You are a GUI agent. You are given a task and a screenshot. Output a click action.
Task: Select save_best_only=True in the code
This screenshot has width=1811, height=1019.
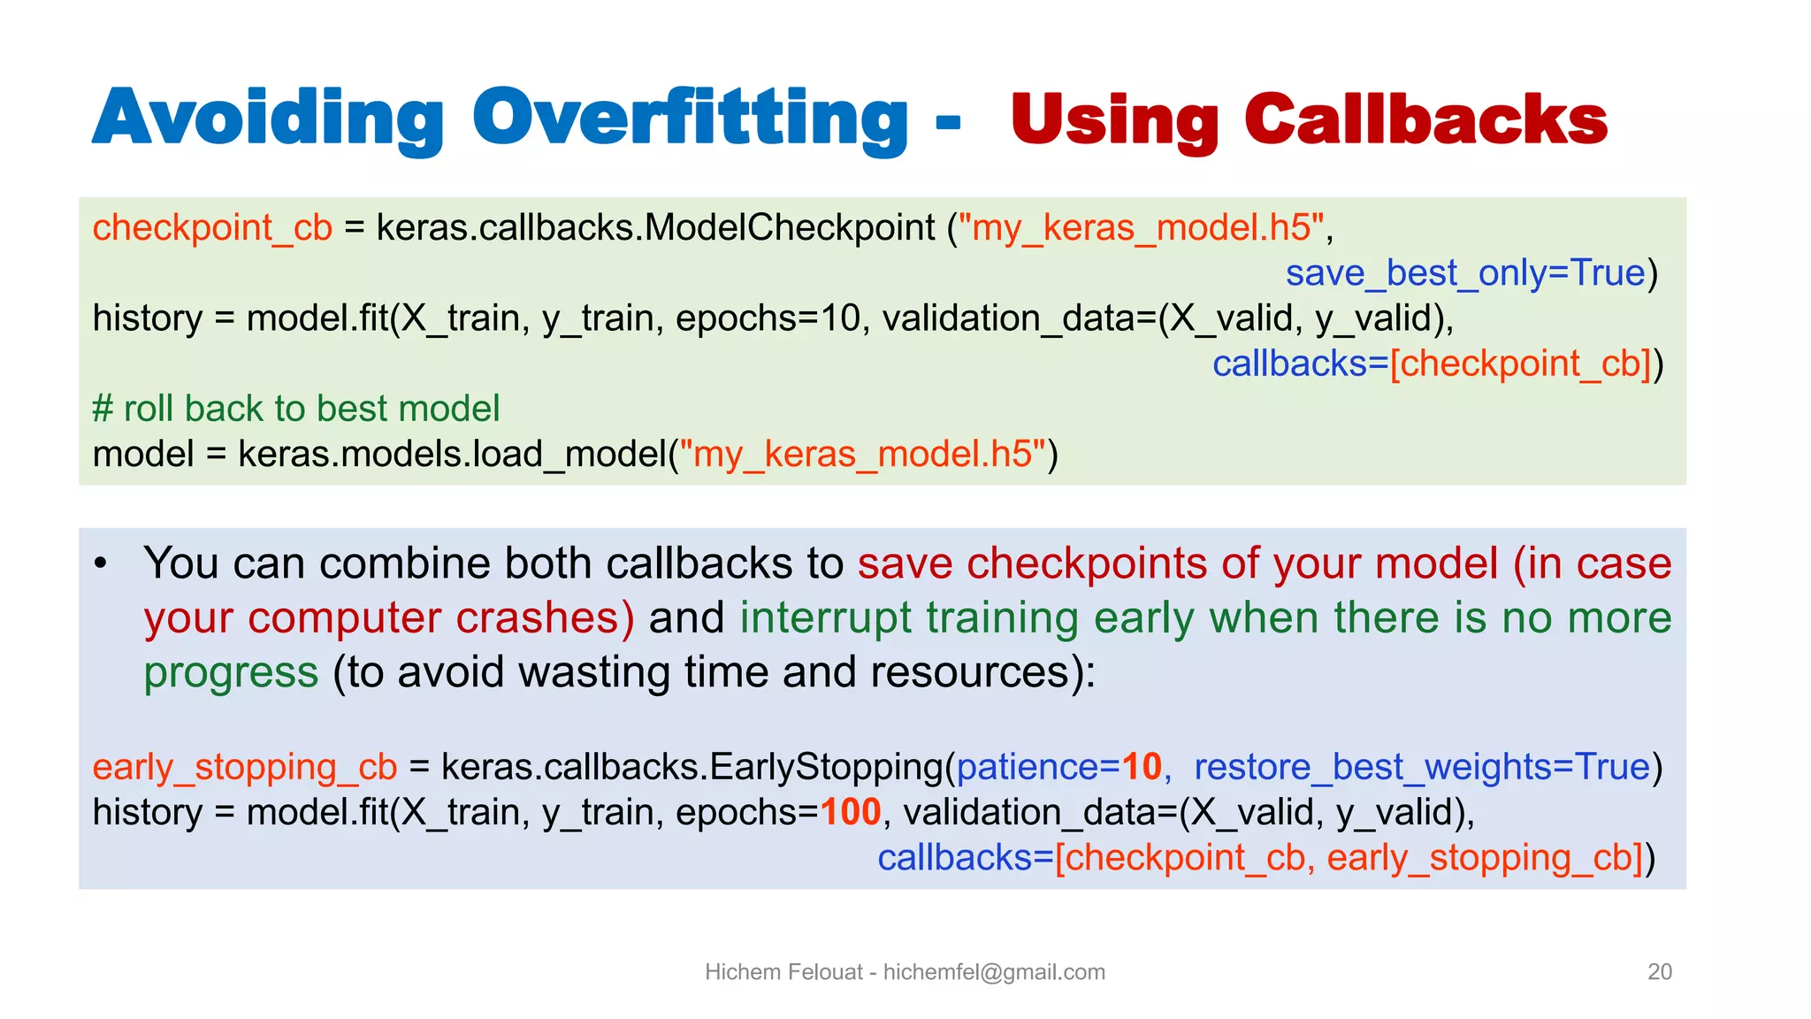point(1464,273)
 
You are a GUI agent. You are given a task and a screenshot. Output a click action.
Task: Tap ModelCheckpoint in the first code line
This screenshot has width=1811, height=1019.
point(790,228)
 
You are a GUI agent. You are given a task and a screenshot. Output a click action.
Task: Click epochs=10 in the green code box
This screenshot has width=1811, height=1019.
point(768,318)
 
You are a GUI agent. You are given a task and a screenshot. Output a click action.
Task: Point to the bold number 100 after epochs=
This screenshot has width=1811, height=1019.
point(851,812)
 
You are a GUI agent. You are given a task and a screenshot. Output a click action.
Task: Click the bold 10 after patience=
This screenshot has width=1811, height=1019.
point(1142,767)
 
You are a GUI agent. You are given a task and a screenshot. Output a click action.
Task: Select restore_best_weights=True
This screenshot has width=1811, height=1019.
point(1422,767)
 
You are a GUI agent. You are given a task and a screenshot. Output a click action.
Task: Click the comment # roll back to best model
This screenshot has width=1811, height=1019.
point(296,409)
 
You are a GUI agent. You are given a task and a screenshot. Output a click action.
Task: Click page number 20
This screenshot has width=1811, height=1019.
point(1659,971)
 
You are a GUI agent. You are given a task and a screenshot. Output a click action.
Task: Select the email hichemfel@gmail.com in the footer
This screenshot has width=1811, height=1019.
point(994,972)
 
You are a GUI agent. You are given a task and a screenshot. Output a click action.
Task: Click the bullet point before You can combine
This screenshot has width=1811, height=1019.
point(101,563)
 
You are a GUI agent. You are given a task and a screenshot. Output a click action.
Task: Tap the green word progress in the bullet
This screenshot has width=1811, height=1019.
point(231,672)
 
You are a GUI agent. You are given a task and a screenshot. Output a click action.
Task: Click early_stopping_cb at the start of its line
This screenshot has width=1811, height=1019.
point(245,767)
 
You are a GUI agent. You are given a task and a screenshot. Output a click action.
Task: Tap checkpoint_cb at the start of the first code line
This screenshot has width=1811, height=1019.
point(212,228)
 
